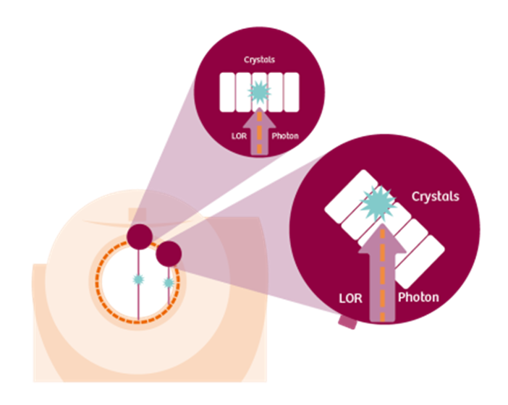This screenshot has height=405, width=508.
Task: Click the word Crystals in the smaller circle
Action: pos(259,60)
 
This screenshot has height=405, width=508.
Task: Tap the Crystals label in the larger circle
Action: pos(436,197)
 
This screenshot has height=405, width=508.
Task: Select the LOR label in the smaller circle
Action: pos(239,136)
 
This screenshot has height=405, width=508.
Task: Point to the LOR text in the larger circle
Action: pos(350,298)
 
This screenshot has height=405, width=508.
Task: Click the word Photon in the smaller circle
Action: pos(285,136)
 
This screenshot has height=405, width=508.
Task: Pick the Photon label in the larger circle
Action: pos(418,297)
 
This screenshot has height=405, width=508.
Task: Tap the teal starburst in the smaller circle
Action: pos(259,93)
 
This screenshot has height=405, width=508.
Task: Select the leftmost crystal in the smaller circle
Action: pos(227,93)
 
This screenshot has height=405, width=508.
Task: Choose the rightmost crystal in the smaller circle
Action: pos(291,93)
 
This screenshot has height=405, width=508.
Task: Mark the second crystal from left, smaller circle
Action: pos(243,93)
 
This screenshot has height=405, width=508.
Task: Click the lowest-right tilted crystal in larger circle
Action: pos(420,262)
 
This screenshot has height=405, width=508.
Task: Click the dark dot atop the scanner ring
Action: pos(140,236)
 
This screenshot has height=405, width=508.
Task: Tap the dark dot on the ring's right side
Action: pos(169,254)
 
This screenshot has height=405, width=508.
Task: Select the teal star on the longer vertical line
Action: pos(138,279)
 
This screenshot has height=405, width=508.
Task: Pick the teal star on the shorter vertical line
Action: pos(169,283)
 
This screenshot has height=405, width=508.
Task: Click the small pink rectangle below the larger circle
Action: pos(347,323)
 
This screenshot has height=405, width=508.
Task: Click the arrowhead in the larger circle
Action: pos(382,238)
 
